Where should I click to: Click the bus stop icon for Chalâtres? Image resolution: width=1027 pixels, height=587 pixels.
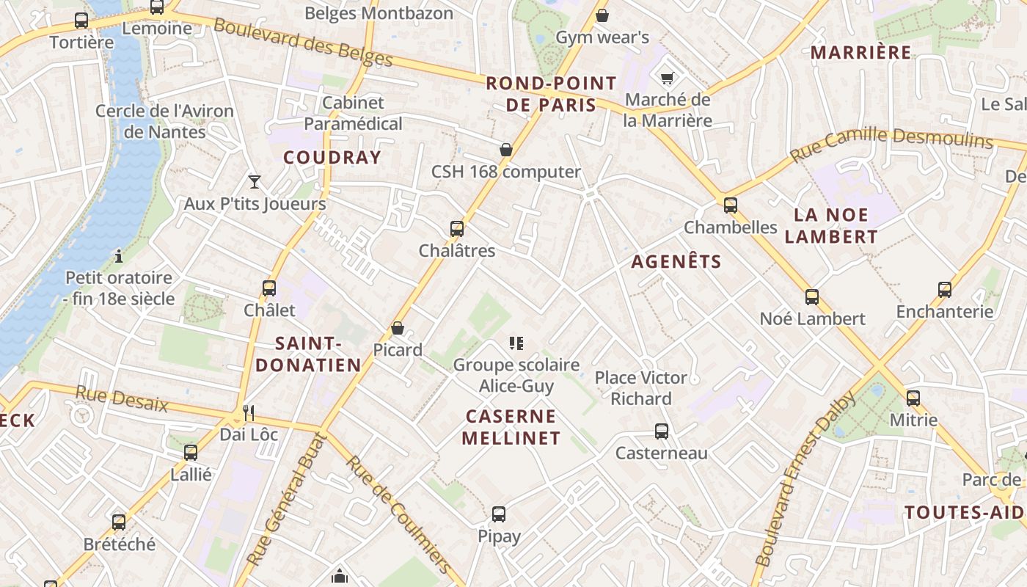[457, 229]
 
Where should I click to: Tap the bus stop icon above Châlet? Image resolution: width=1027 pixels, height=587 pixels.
[269, 288]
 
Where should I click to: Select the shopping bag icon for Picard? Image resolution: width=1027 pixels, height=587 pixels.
[398, 328]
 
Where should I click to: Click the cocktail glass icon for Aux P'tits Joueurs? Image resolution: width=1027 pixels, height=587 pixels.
[255, 181]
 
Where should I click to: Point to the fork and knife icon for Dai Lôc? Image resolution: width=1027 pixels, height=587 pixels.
[249, 413]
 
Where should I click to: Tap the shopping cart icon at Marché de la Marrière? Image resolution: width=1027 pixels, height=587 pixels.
[667, 78]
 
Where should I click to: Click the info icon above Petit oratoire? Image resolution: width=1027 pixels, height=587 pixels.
[119, 256]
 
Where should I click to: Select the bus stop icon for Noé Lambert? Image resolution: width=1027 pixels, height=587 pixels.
[812, 297]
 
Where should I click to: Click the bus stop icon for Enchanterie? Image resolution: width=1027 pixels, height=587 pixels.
[945, 290]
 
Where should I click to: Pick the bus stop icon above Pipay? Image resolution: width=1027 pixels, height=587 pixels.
[499, 514]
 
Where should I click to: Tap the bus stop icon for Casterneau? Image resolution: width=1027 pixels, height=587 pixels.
[662, 431]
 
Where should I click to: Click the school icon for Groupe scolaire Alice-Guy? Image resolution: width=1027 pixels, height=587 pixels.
[516, 343]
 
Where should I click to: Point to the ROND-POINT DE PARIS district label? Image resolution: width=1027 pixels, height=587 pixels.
[551, 94]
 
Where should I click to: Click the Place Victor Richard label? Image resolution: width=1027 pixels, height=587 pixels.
[641, 388]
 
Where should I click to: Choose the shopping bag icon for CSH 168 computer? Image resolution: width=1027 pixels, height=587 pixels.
[506, 150]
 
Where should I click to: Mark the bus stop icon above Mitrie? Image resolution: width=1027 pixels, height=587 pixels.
[913, 398]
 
